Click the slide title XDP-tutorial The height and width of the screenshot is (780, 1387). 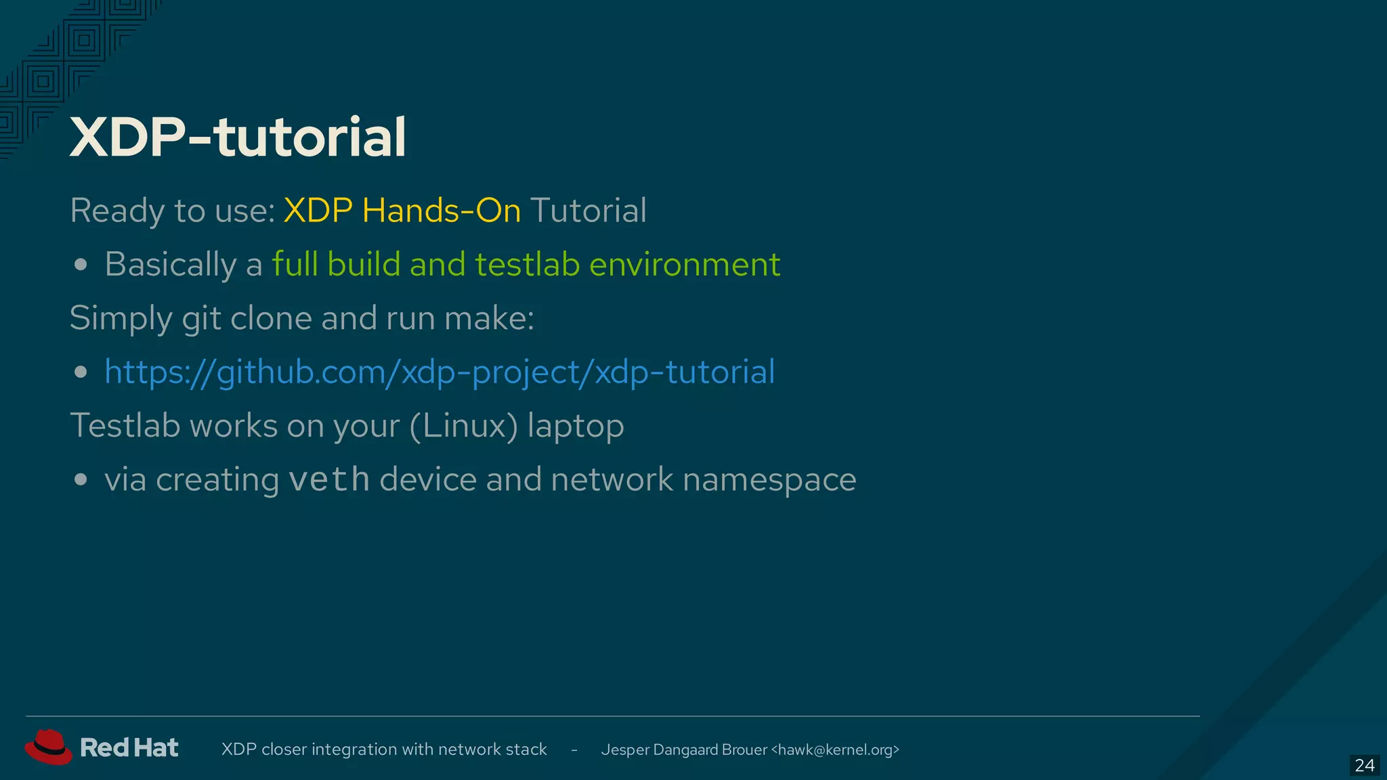(x=238, y=137)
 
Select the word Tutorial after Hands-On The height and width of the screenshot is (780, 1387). (x=589, y=211)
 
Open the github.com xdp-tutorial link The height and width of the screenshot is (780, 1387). (x=440, y=372)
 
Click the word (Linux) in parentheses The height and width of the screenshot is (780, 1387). (x=464, y=427)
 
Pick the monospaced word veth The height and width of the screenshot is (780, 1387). (x=329, y=479)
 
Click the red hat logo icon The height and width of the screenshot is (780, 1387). (x=47, y=747)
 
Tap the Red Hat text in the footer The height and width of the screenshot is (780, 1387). (x=129, y=748)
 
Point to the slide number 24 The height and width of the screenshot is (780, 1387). (x=1364, y=765)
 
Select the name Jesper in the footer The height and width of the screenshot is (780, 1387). (x=624, y=750)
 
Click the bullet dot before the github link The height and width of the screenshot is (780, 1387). (x=81, y=372)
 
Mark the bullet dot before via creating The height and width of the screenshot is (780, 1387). (x=81, y=480)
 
